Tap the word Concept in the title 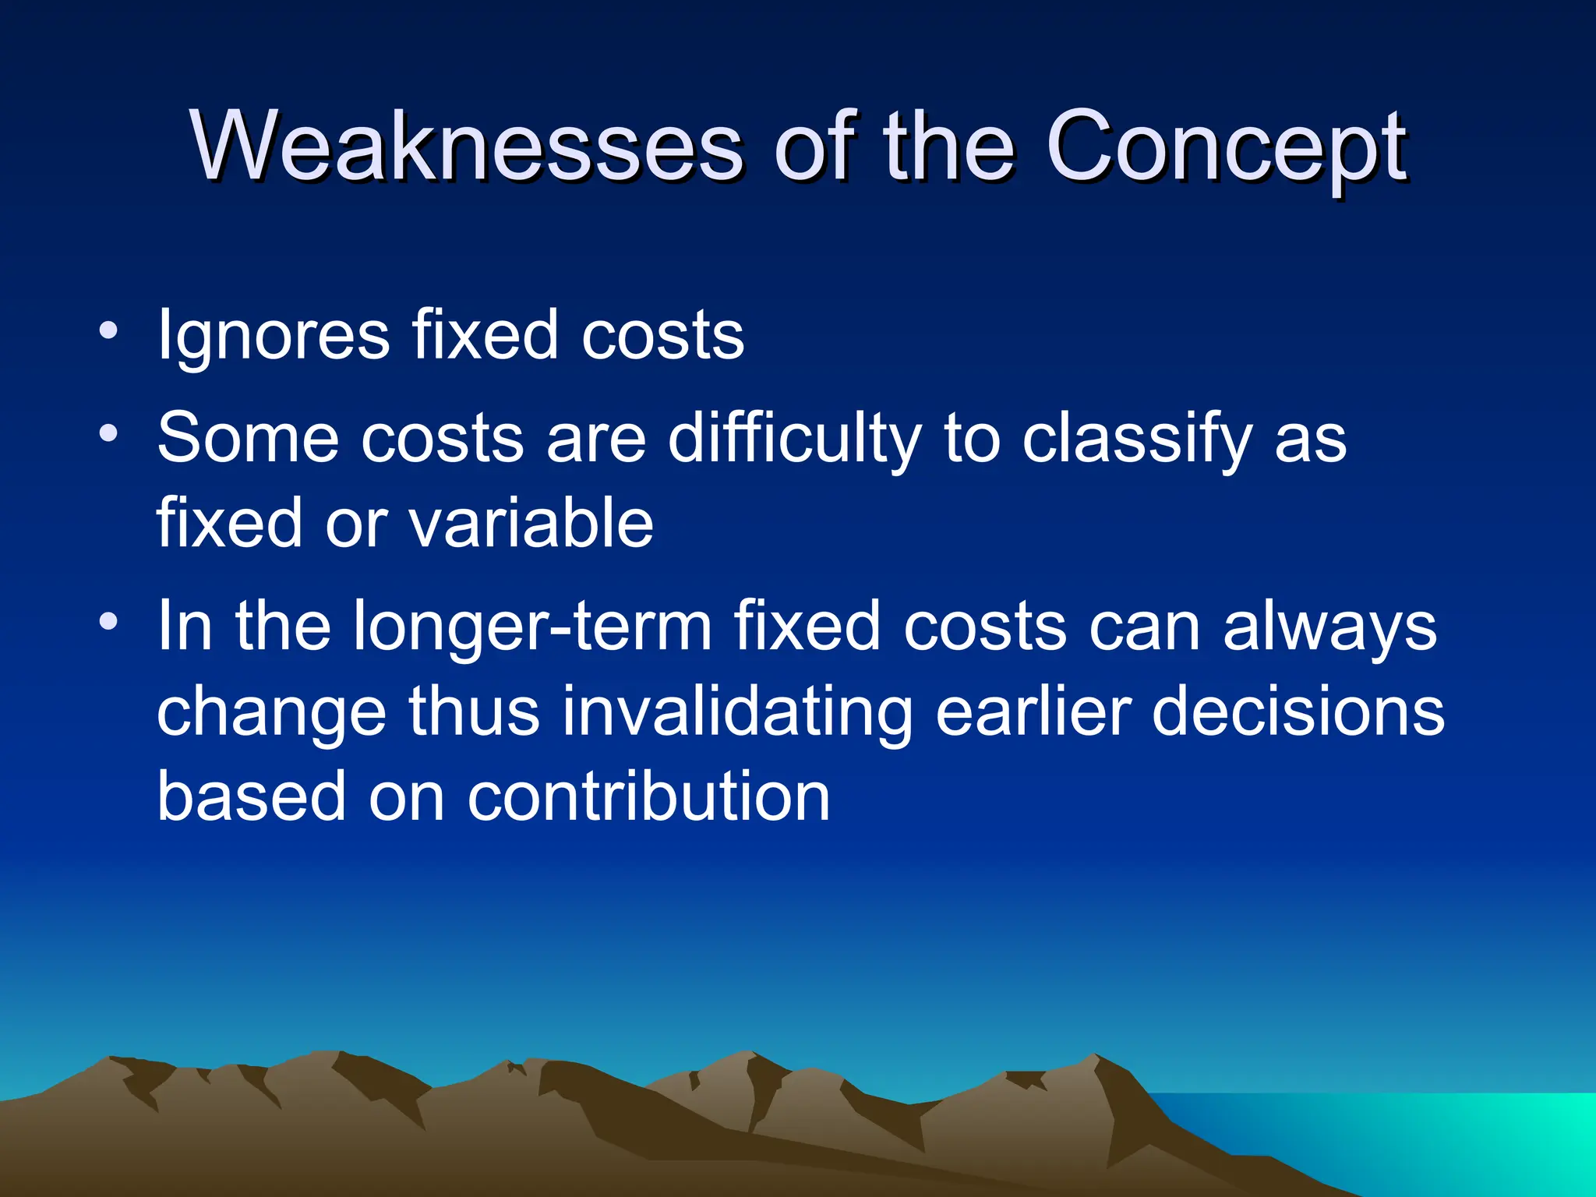(x=1226, y=146)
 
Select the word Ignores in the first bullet (x=273, y=336)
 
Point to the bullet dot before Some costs (x=109, y=433)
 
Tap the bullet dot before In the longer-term (x=109, y=621)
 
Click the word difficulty (x=795, y=439)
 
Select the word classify (x=1136, y=439)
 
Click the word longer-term (x=532, y=627)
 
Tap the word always (x=1329, y=626)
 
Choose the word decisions (x=1298, y=711)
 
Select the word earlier (x=1033, y=711)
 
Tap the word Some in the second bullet (x=248, y=439)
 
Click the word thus (x=474, y=711)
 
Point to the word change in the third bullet (x=271, y=713)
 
